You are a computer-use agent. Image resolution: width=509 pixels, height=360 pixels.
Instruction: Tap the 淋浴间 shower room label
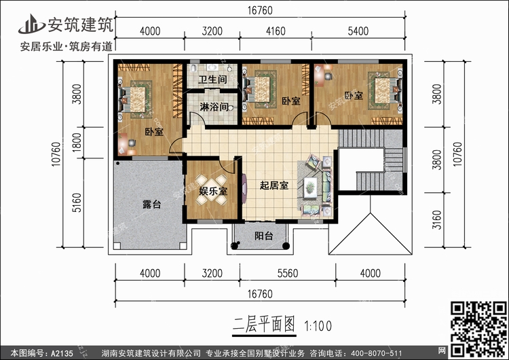point(213,107)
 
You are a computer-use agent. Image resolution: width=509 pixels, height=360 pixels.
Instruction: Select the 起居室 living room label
point(274,185)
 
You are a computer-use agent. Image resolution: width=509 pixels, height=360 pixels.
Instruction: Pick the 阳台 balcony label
point(263,236)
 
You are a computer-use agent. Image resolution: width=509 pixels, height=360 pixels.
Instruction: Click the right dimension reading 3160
point(437,218)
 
